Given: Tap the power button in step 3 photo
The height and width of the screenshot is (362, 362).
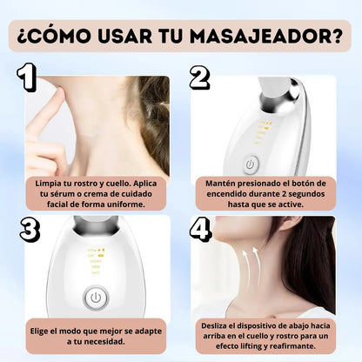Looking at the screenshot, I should click(x=96, y=298).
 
